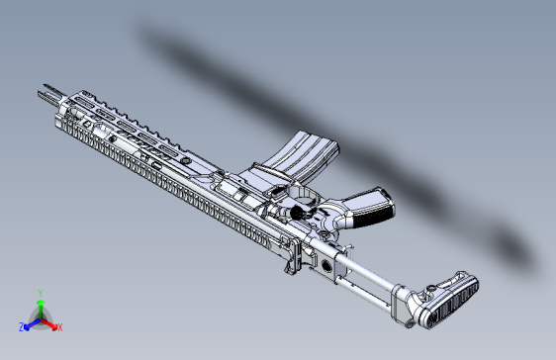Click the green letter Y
pyautogui.click(x=40, y=292)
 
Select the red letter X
pyautogui.click(x=59, y=326)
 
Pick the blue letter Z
pyautogui.click(x=22, y=326)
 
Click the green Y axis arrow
pyautogui.click(x=40, y=305)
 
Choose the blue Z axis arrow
pyautogui.click(x=31, y=322)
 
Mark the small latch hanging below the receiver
pyautogui.click(x=291, y=261)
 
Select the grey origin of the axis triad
pyautogui.click(x=40, y=318)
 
